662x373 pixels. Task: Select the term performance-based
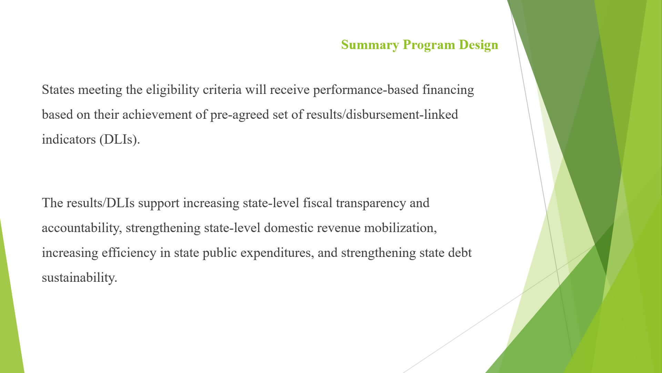366,90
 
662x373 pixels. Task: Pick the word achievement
157,115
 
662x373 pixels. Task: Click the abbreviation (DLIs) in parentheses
120,140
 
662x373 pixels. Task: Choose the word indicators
69,140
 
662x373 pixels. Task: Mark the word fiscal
318,203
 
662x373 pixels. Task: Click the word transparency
371,203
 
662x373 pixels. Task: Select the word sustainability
79,278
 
